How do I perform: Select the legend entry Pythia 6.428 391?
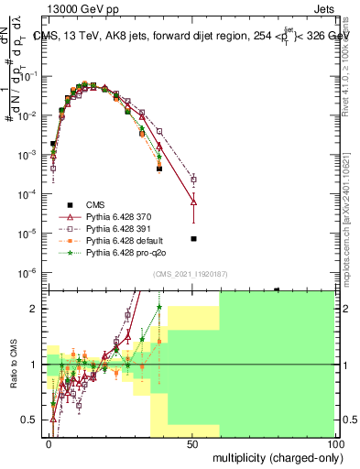point(119,228)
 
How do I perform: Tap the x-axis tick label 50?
point(192,442)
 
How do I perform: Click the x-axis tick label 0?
point(49,442)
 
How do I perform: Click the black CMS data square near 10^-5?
point(193,238)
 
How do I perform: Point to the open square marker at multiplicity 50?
point(193,180)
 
